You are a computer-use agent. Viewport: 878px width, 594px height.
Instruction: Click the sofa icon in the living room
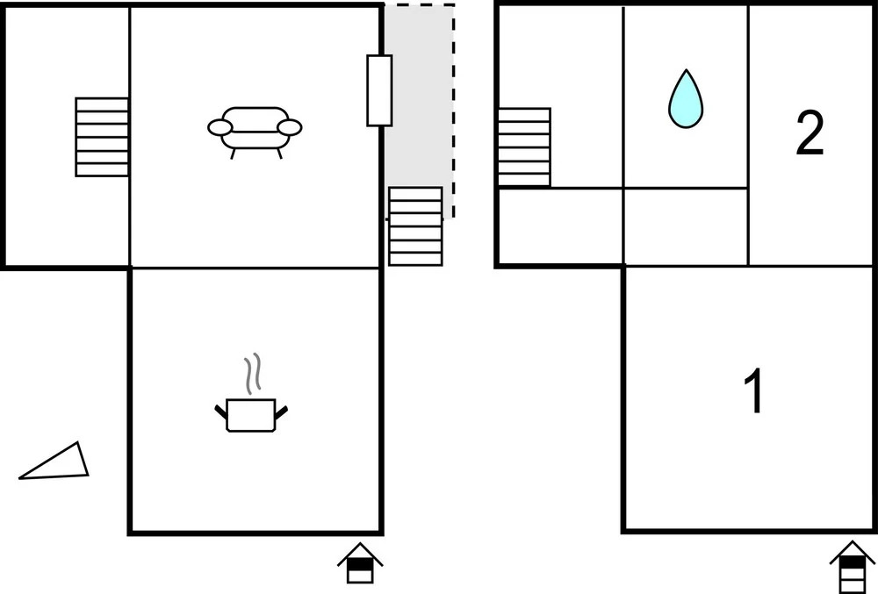click(x=255, y=129)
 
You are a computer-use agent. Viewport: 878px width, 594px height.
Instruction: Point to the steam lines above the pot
click(x=253, y=373)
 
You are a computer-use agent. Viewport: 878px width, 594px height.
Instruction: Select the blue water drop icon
click(x=686, y=99)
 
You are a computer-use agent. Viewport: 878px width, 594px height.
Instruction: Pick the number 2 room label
click(x=810, y=134)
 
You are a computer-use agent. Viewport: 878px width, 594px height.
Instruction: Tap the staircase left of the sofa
click(x=102, y=137)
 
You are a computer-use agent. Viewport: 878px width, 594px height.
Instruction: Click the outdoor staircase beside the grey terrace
click(x=415, y=225)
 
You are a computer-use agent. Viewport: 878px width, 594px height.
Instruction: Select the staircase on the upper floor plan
click(x=524, y=147)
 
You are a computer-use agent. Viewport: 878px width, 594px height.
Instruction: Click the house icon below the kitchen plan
click(x=361, y=562)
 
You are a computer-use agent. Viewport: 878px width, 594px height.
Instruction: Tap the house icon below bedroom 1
click(x=852, y=566)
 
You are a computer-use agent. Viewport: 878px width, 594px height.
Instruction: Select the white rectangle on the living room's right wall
click(x=379, y=90)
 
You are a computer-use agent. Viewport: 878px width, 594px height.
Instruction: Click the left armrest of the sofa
click(x=219, y=128)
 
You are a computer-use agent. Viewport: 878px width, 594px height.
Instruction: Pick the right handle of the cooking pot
click(x=283, y=409)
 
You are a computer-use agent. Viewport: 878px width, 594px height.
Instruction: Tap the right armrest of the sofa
click(x=291, y=128)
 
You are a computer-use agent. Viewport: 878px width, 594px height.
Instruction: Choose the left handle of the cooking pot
click(x=220, y=409)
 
